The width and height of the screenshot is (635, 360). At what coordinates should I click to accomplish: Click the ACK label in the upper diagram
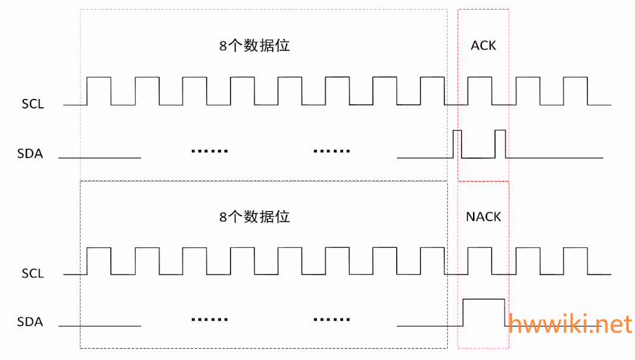[x=483, y=46]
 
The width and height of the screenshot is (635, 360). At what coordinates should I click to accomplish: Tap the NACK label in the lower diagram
[x=483, y=216]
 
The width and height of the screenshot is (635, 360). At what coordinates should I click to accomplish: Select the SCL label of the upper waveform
[x=33, y=104]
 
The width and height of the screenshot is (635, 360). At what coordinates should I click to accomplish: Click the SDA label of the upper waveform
[x=30, y=154]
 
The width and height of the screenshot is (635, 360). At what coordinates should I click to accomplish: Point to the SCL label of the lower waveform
[x=33, y=274]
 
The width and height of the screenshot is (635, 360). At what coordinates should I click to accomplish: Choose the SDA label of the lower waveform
[x=30, y=322]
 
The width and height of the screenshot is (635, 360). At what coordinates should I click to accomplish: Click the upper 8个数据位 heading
[x=254, y=46]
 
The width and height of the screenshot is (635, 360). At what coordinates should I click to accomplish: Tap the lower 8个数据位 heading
[x=254, y=216]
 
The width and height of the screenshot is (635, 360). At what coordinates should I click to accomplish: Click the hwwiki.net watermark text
[x=570, y=324]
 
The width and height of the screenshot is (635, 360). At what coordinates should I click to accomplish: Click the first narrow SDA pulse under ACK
[x=457, y=143]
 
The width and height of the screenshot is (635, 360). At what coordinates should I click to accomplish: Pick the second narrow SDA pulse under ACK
[x=500, y=143]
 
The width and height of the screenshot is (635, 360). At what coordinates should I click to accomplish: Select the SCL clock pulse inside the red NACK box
[x=480, y=260]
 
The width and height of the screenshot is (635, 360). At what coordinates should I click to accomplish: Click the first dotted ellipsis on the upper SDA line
[x=210, y=151]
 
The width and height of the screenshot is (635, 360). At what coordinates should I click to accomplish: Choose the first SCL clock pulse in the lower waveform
[x=99, y=260]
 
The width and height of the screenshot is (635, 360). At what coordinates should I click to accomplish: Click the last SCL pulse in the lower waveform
[x=575, y=260]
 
